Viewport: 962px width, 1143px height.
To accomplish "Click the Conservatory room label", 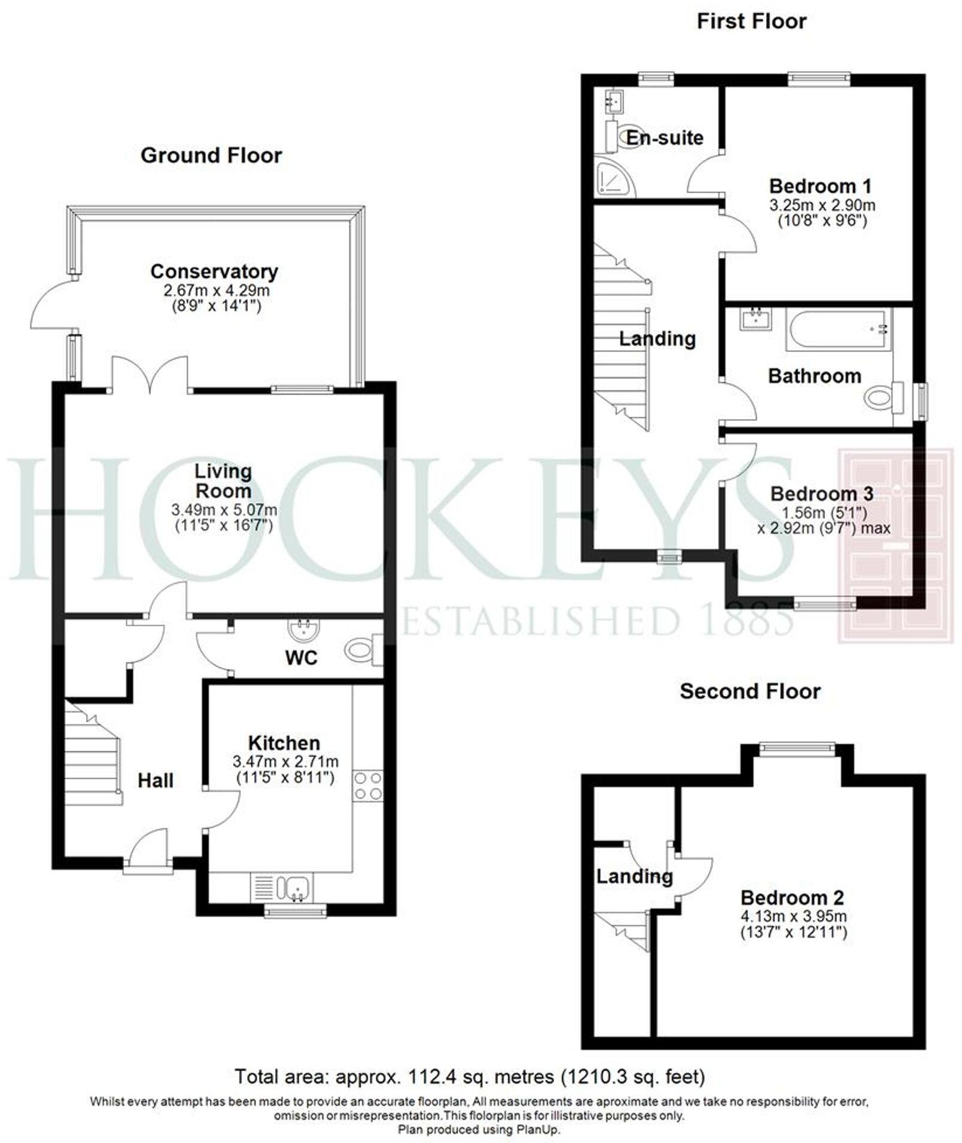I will pyautogui.click(x=214, y=271).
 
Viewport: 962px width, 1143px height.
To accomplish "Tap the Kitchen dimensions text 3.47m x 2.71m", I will pyautogui.click(x=285, y=762).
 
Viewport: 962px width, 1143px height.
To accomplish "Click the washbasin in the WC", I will pyautogui.click(x=305, y=629).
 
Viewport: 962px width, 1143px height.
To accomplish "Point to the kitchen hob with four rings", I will pyautogui.click(x=368, y=786).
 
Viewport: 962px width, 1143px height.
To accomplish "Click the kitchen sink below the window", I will pyautogui.click(x=297, y=887).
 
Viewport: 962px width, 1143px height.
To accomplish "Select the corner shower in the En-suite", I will pyautogui.click(x=613, y=177).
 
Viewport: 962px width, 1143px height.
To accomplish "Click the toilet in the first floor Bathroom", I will pyautogui.click(x=884, y=398).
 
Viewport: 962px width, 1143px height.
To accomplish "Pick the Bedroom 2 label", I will pyautogui.click(x=792, y=897).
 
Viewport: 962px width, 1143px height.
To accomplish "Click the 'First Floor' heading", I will pyautogui.click(x=751, y=22).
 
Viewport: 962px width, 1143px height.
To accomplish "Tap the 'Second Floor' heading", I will pyautogui.click(x=750, y=691).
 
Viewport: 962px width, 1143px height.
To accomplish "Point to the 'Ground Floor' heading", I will pyautogui.click(x=211, y=155).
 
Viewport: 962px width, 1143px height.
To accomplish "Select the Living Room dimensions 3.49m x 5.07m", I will pyautogui.click(x=224, y=510).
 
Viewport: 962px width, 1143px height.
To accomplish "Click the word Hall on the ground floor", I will pyautogui.click(x=156, y=780).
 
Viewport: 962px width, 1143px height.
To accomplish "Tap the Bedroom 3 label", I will pyautogui.click(x=821, y=494).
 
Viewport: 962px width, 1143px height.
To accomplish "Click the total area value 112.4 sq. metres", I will pyautogui.click(x=443, y=1077).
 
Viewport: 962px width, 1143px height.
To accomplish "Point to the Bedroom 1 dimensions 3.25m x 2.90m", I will pyautogui.click(x=822, y=205).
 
